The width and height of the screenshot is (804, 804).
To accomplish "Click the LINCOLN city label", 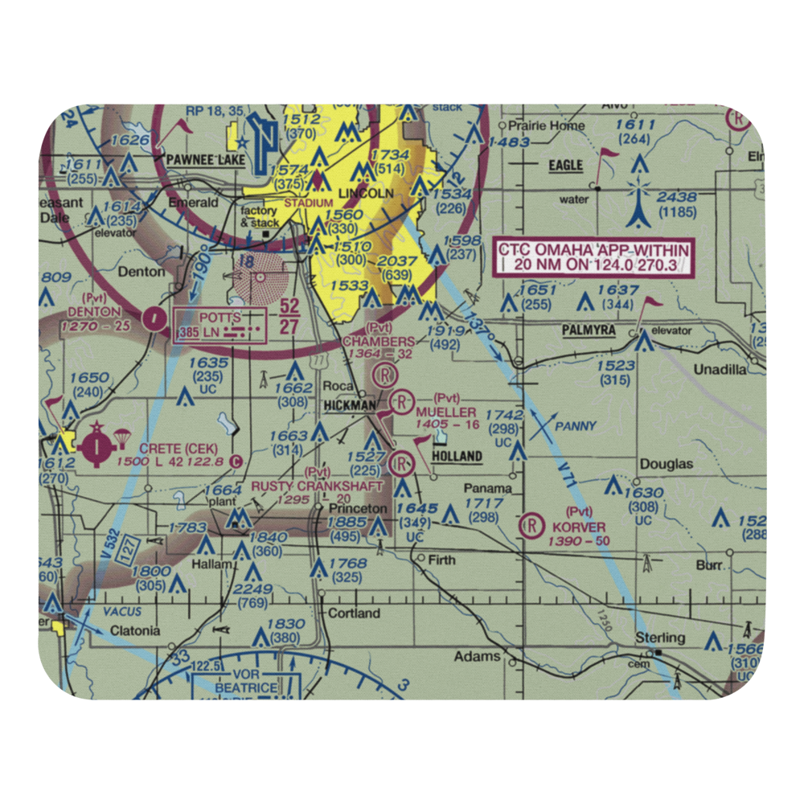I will point(366,194).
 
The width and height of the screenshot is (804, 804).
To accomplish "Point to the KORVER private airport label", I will point(579,527).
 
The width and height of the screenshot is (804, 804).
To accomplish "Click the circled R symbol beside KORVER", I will point(531,527).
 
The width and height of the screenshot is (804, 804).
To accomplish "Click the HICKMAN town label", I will point(349,407).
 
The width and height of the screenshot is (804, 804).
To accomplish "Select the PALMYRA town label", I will point(589,330).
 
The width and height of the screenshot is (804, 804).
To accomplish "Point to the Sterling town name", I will point(660,638).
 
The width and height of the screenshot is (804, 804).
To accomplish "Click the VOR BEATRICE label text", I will point(245,682).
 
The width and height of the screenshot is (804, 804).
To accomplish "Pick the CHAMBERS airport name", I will point(379,342).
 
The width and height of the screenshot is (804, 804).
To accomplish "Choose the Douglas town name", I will point(666,464).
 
